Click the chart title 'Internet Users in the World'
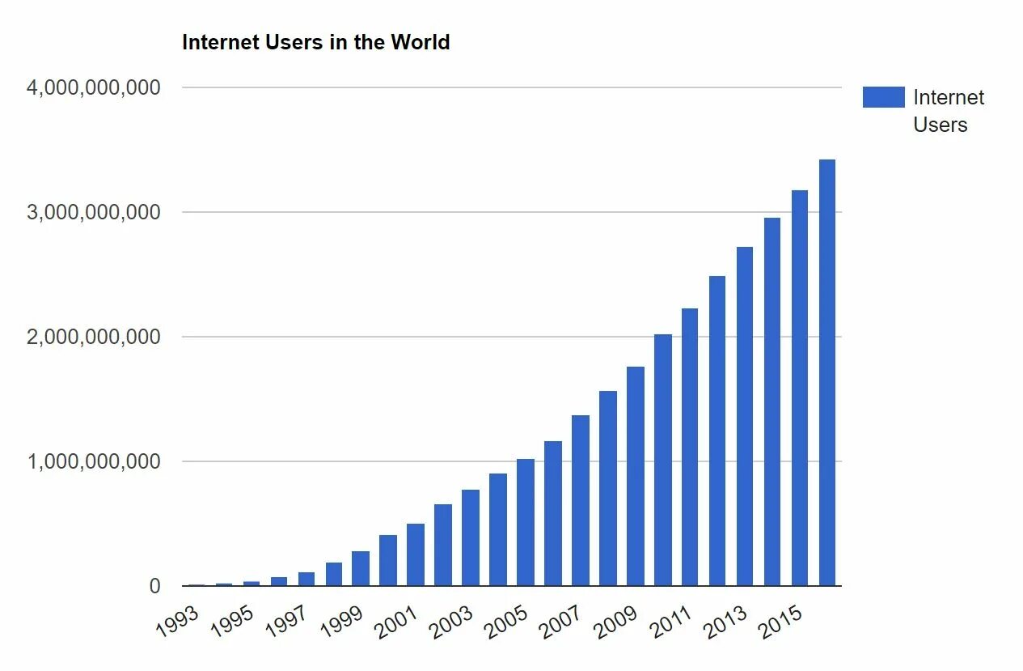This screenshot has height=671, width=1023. (315, 42)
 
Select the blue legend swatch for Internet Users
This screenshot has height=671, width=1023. (883, 97)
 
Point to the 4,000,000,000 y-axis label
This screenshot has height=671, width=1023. (94, 87)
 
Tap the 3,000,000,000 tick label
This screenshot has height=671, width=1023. (94, 212)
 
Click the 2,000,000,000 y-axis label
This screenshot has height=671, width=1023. (94, 337)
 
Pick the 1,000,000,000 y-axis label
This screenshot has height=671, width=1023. (94, 461)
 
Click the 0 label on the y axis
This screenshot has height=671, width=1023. (155, 586)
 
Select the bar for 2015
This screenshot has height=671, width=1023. (800, 389)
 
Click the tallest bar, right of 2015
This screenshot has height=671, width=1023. (827, 372)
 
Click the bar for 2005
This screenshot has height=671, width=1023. (526, 522)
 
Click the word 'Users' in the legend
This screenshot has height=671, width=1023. (941, 125)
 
